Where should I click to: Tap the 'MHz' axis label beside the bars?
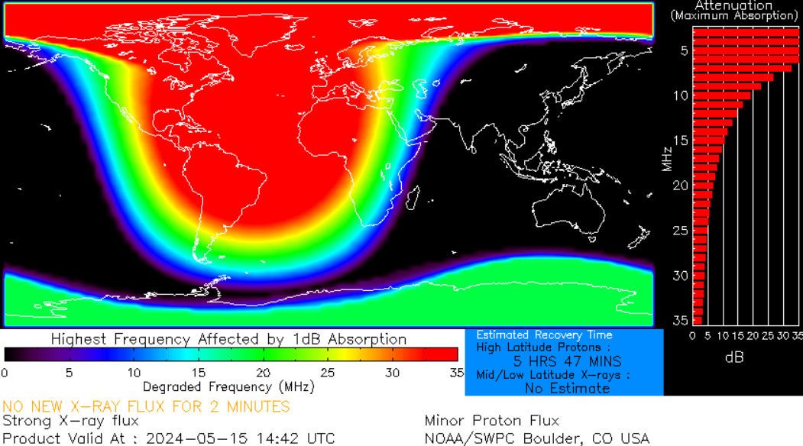click(x=667, y=157)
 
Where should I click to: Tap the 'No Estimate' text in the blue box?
click(x=567, y=388)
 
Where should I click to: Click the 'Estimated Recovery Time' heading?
click(x=544, y=335)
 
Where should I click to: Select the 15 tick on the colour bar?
click(x=198, y=373)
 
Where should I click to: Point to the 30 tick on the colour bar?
click(x=392, y=373)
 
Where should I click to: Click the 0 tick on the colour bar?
click(x=5, y=373)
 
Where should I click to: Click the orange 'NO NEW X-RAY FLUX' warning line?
click(x=146, y=406)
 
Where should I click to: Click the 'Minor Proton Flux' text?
click(x=491, y=421)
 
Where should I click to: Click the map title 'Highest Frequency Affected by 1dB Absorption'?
click(x=228, y=338)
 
